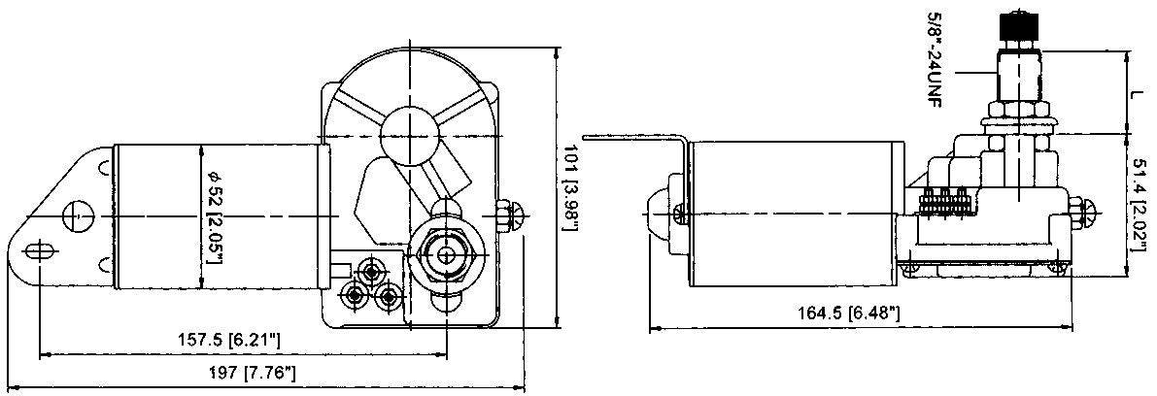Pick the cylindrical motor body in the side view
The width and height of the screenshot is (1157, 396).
tap(792, 213)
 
